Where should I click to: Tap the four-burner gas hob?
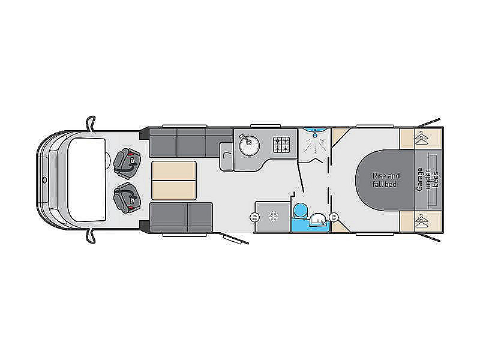tap(281, 145)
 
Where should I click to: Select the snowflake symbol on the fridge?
tap(273, 217)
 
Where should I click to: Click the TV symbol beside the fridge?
tap(254, 218)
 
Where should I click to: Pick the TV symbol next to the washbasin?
tap(334, 218)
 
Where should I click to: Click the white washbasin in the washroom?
tap(318, 220)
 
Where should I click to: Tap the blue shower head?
tap(316, 134)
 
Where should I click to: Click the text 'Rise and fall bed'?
tap(386, 180)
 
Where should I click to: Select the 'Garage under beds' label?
tap(428, 179)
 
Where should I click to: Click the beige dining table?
tap(174, 181)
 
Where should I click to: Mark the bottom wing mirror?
tap(91, 236)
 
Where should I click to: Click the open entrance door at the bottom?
tap(235, 239)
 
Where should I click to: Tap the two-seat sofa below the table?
tap(181, 218)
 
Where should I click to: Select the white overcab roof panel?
tap(86, 180)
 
